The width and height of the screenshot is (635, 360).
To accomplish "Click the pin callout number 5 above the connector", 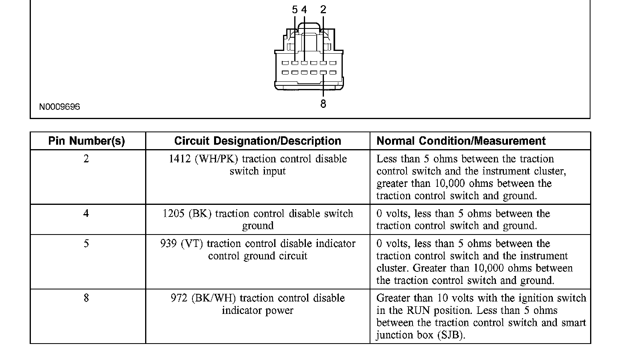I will tap(295, 10).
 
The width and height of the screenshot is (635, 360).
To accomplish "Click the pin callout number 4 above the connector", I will tap(304, 10).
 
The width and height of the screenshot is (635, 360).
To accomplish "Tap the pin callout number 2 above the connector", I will tap(323, 10).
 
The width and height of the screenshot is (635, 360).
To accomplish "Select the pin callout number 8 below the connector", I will tap(323, 104).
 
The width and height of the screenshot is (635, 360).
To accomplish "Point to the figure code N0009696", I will tap(59, 107).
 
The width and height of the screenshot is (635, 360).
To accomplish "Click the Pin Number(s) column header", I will tap(87, 141).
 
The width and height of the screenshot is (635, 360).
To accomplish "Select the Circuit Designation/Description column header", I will tap(257, 141).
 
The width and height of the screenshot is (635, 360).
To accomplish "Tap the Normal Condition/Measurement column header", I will tap(461, 141).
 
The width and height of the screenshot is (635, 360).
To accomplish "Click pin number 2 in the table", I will tap(86, 159).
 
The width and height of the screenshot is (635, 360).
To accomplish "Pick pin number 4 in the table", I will tap(86, 214).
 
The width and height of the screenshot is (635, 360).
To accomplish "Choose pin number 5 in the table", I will tap(86, 244).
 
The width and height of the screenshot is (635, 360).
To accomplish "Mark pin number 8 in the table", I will tap(86, 298).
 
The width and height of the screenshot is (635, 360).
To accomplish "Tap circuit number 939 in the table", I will tap(168, 244).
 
